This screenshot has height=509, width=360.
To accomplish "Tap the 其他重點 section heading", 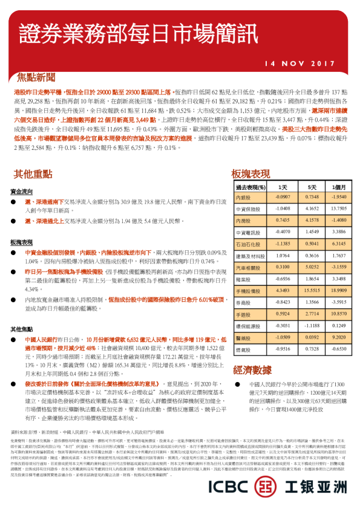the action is pos(33,174).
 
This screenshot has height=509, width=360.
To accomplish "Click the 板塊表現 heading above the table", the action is pos(250,174).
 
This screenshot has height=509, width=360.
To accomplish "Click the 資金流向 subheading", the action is pos(22,190).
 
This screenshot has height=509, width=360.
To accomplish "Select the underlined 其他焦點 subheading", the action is pos(22,329).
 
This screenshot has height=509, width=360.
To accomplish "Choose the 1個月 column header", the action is pos(339,187).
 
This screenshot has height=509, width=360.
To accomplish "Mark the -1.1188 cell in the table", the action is pos(312,325).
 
